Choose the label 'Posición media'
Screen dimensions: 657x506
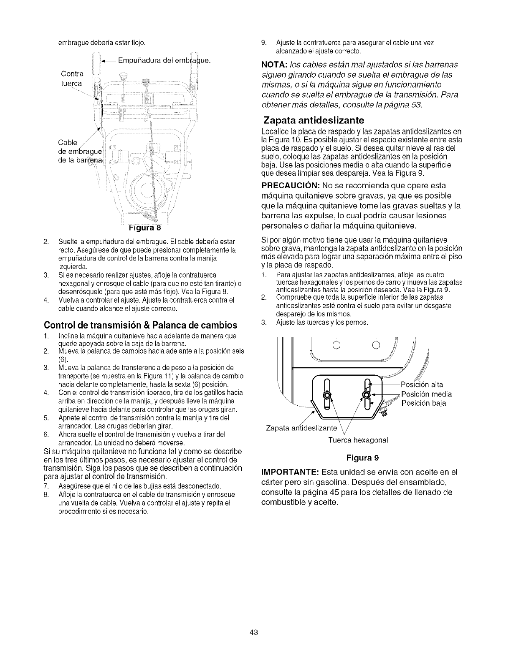click(x=426, y=394)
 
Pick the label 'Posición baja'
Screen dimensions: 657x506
click(x=423, y=403)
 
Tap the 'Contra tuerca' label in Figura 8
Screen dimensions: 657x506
click(x=72, y=79)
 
